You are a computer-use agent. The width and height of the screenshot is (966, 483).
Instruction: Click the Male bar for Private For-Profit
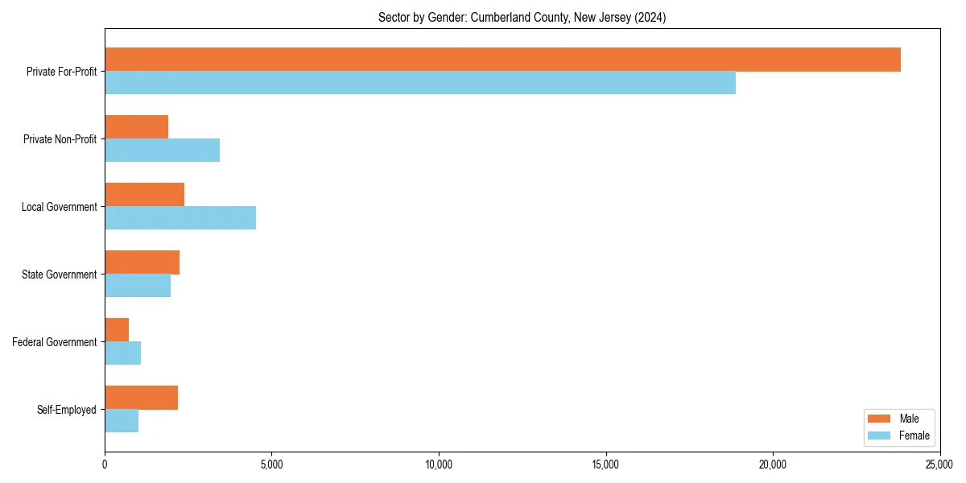point(502,60)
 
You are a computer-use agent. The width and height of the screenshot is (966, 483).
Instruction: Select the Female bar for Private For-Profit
point(420,83)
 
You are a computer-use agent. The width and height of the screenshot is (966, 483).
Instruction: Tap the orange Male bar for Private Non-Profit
point(136,127)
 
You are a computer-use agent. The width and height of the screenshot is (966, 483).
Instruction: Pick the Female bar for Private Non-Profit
point(162,151)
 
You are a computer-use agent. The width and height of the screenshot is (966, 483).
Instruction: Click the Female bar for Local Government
point(180,218)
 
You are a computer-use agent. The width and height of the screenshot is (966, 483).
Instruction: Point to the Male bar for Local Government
point(144,195)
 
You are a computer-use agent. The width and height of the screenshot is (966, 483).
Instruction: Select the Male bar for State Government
point(142,262)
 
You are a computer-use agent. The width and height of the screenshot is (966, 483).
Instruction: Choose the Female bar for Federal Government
point(122,353)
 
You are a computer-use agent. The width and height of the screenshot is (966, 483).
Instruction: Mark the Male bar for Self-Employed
point(141,398)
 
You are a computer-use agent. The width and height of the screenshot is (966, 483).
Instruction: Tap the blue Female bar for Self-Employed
point(122,421)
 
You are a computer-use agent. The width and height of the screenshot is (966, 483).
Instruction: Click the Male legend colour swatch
point(878,419)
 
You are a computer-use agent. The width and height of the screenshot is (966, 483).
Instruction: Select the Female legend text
point(914,436)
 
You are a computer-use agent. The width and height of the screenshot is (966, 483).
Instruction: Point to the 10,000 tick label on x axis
point(439,464)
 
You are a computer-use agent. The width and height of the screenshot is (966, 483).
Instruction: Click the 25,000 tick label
point(939,464)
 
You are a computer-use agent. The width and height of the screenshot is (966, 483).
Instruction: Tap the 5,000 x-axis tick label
point(271,464)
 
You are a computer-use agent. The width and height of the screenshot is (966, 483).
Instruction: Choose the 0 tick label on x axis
point(105,464)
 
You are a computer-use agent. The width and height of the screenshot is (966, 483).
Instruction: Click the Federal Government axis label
point(55,342)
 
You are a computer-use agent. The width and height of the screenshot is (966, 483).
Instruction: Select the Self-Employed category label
point(67,410)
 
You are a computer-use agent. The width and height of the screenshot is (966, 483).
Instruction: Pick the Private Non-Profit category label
point(60,139)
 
